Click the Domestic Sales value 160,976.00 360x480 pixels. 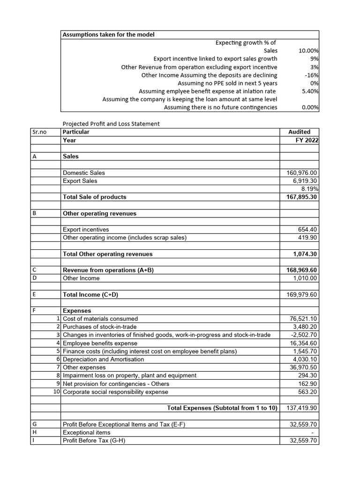301,173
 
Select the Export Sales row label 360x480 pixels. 80,181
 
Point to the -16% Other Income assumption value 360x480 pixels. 312,75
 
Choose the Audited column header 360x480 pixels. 299,132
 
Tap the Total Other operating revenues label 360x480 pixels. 107,254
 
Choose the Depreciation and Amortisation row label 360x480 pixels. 104,360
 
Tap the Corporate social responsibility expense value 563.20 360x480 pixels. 307,392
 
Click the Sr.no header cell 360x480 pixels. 40,132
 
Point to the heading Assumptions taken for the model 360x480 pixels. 109,35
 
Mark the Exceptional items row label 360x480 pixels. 87,433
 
